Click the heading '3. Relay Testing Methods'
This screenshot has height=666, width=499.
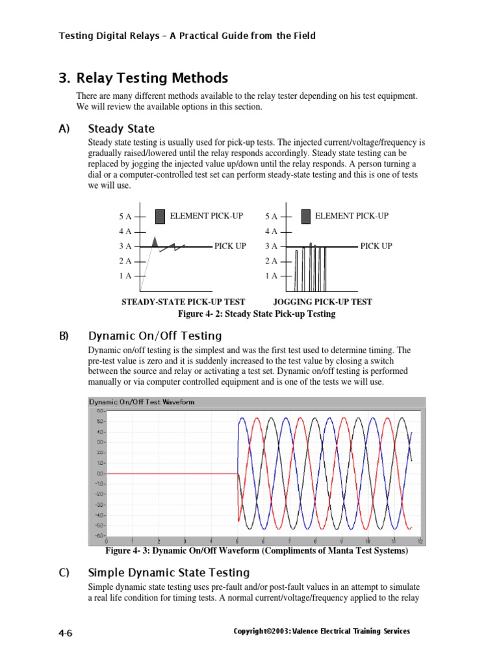point(143,79)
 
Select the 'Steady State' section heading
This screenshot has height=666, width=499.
point(122,129)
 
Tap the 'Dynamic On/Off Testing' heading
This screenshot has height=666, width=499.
point(155,336)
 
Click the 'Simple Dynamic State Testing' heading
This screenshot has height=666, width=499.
point(168,572)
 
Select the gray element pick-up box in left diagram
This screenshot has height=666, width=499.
point(160,216)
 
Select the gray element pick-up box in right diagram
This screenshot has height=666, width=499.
point(305,216)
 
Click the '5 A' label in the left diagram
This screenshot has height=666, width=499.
point(125,217)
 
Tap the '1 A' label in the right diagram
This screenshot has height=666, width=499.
point(271,276)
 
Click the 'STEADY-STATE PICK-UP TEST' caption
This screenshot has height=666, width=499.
point(183,302)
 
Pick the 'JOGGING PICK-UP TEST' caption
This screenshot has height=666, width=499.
point(322,302)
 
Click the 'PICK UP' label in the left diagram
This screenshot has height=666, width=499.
point(231,246)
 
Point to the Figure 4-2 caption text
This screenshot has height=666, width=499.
point(257,313)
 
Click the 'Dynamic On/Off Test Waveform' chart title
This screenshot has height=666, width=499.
point(141,402)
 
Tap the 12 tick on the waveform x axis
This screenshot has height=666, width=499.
point(420,541)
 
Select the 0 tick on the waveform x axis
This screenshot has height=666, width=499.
point(107,541)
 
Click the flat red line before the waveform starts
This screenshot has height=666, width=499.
point(172,473)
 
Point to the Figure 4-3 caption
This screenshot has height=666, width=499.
point(257,552)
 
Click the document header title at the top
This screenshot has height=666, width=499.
point(187,36)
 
